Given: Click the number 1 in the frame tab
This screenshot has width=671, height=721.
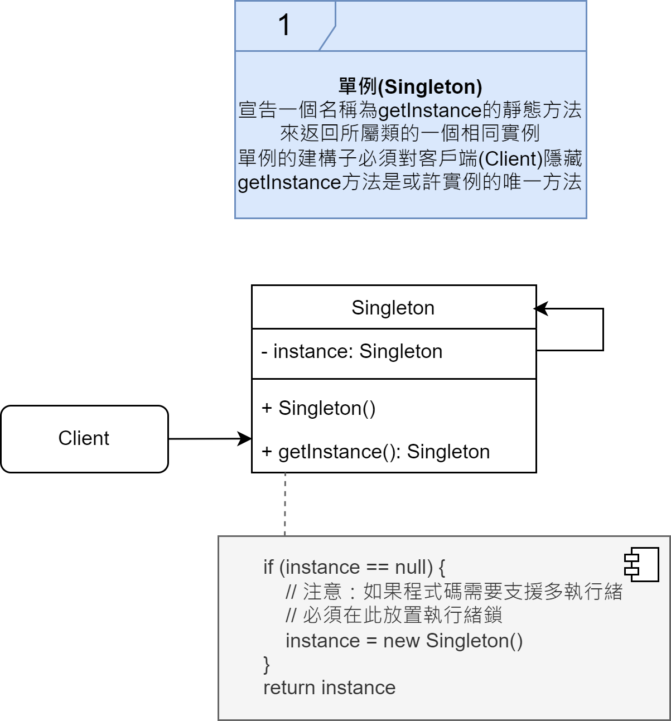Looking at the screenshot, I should click(284, 25).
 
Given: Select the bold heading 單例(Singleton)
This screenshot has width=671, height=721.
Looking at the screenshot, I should click(410, 86).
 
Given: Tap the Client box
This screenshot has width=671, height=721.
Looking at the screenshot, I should click(84, 439).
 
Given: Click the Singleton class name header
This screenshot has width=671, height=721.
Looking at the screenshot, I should click(393, 308).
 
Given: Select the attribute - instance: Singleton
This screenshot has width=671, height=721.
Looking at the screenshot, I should click(352, 352).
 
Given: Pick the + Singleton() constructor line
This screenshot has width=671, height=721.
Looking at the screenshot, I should click(318, 408).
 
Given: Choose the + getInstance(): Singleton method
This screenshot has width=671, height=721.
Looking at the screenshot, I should click(376, 452).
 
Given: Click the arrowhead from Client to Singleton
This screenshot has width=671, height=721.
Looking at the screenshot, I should click(245, 439).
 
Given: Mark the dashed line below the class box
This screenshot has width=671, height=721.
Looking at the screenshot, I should click(285, 504).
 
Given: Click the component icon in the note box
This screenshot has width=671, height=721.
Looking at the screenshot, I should click(641, 564).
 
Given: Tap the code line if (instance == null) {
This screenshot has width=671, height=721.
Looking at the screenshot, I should click(354, 568).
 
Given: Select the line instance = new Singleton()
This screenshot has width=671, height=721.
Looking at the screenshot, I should click(404, 641).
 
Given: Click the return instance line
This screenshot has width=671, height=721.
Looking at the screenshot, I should click(329, 688).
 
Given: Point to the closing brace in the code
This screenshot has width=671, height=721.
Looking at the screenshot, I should click(267, 664).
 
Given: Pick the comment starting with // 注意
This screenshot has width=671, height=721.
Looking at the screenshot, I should click(453, 592).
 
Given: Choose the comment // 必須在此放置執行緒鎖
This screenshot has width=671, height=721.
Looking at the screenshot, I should click(393, 616).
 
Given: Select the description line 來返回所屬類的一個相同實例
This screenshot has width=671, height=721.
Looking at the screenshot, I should click(410, 134).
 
